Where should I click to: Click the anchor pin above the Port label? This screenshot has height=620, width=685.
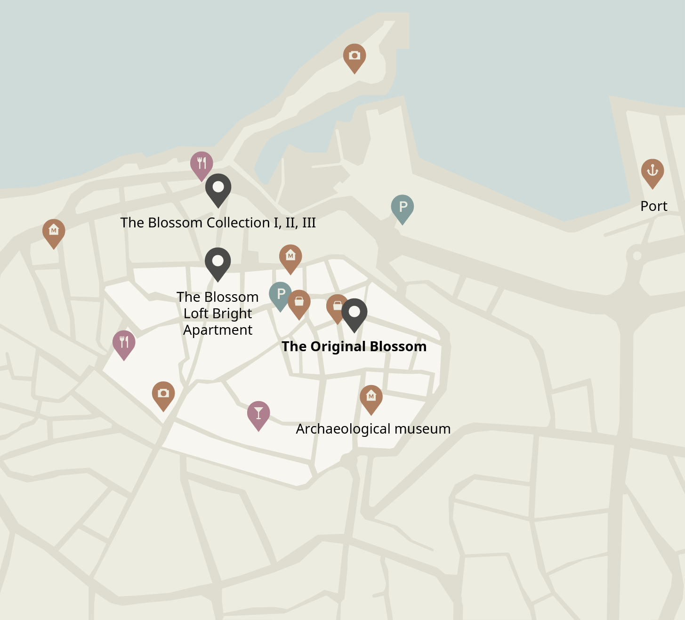tap(652, 171)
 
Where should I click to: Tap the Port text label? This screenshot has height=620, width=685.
tap(653, 206)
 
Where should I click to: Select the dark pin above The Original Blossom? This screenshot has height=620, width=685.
tap(354, 313)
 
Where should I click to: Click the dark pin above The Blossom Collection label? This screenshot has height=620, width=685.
tap(218, 188)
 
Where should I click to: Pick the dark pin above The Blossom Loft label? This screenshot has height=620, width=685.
tap(218, 262)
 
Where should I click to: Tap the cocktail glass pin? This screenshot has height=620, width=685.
tap(258, 414)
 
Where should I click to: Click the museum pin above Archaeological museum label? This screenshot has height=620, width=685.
tap(371, 397)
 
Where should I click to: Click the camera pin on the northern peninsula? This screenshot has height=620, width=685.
tap(355, 56)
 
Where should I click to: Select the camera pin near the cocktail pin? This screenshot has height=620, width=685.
tap(163, 394)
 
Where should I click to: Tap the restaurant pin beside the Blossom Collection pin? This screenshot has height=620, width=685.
tap(201, 164)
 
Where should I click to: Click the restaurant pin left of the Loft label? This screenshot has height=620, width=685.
tap(124, 343)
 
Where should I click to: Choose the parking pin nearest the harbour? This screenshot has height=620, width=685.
tap(403, 207)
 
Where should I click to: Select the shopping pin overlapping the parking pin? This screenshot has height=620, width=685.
tap(299, 302)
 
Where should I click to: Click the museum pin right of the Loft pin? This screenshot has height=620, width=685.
tap(290, 257)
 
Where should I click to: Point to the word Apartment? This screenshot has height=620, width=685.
tap(218, 330)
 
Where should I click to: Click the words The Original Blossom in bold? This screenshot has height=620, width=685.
tap(354, 346)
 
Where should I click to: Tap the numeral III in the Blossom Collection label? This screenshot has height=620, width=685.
tap(308, 223)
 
